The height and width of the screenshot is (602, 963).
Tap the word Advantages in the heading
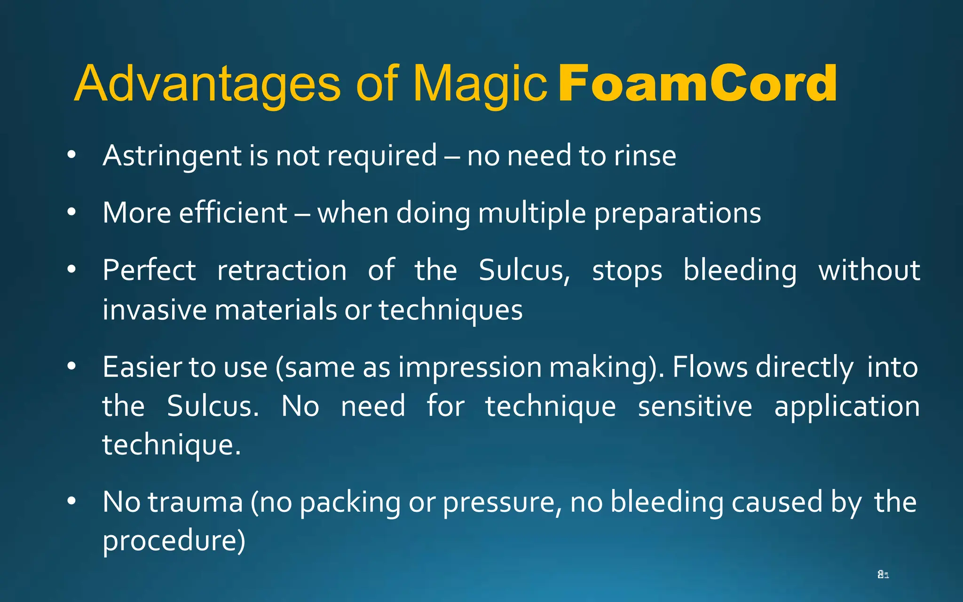[207, 85]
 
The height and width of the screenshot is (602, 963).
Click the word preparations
[678, 214]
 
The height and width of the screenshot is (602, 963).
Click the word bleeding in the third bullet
[740, 271]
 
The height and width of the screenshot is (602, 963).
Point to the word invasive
[154, 310]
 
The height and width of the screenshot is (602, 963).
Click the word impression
[470, 368]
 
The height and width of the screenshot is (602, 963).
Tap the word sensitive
[695, 406]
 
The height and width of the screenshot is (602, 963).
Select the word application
[847, 407]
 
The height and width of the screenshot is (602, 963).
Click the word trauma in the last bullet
[196, 502]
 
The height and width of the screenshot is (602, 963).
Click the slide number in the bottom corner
[883, 574]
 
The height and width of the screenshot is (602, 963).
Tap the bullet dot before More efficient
[71, 212]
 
